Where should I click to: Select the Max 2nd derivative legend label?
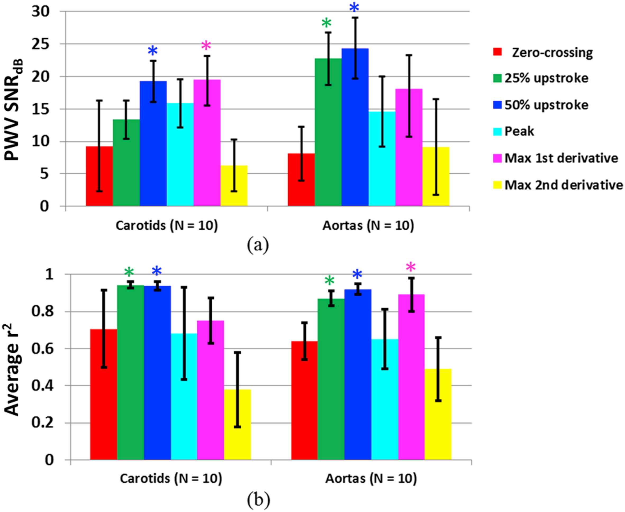click(x=564, y=185)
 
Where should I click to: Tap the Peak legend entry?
click(x=519, y=131)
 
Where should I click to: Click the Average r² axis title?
click(x=13, y=367)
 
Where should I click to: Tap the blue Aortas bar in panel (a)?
click(x=355, y=127)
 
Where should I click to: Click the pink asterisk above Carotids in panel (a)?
click(x=206, y=46)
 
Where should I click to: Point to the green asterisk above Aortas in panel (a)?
click(x=326, y=23)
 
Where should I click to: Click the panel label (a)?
click(x=258, y=245)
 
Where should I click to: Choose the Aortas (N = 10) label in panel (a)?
click(x=368, y=226)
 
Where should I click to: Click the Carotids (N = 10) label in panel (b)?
click(x=171, y=478)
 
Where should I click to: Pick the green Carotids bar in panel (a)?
click(x=126, y=163)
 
